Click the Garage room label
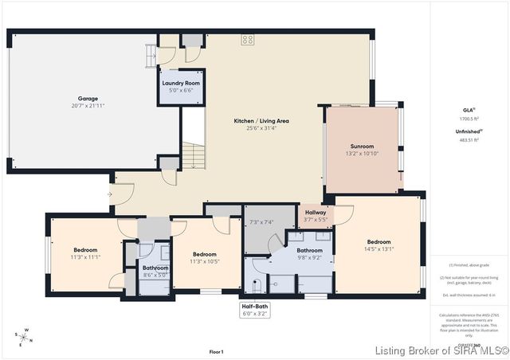click(x=88, y=98)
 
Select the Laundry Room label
click(x=181, y=83)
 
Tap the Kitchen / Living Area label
click(x=261, y=121)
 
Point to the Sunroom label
click(x=362, y=147)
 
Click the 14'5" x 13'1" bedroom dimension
click(x=379, y=249)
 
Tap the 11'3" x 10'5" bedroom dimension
click(x=205, y=260)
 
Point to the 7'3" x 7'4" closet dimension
click(x=261, y=222)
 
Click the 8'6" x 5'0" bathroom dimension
click(x=155, y=276)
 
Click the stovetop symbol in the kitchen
click(x=247, y=38)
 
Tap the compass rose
click(x=25, y=337)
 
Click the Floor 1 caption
click(x=216, y=351)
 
